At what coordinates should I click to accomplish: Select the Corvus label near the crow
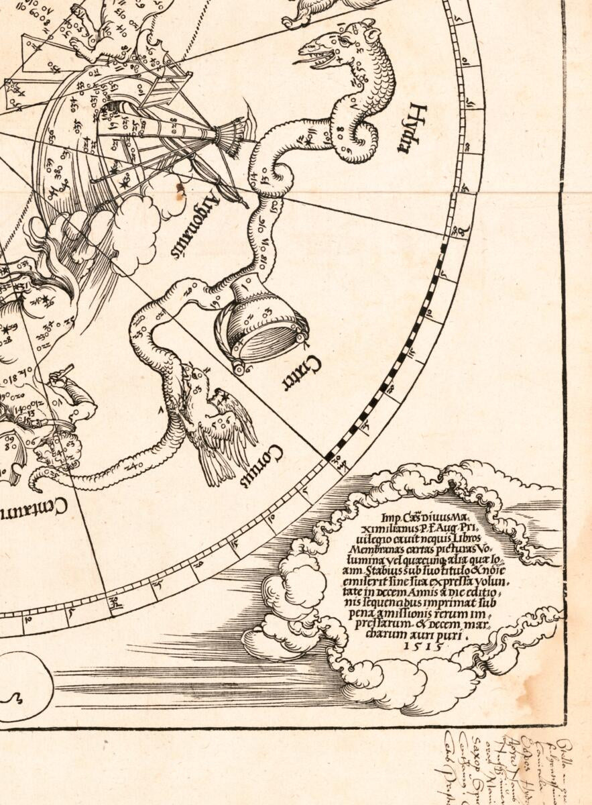pyautogui.click(x=270, y=463)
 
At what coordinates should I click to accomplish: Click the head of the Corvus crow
pyautogui.click(x=194, y=379)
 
